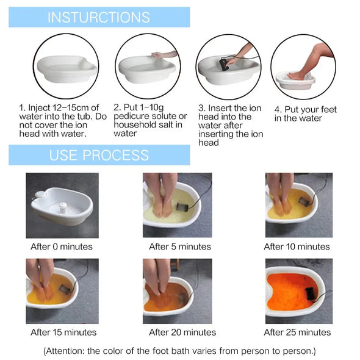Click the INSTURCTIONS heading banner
(99, 16)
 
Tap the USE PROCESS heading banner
(99, 154)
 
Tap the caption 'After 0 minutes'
(62, 247)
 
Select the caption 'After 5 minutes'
(180, 247)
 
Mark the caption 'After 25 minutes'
(297, 333)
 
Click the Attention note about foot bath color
(179, 351)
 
